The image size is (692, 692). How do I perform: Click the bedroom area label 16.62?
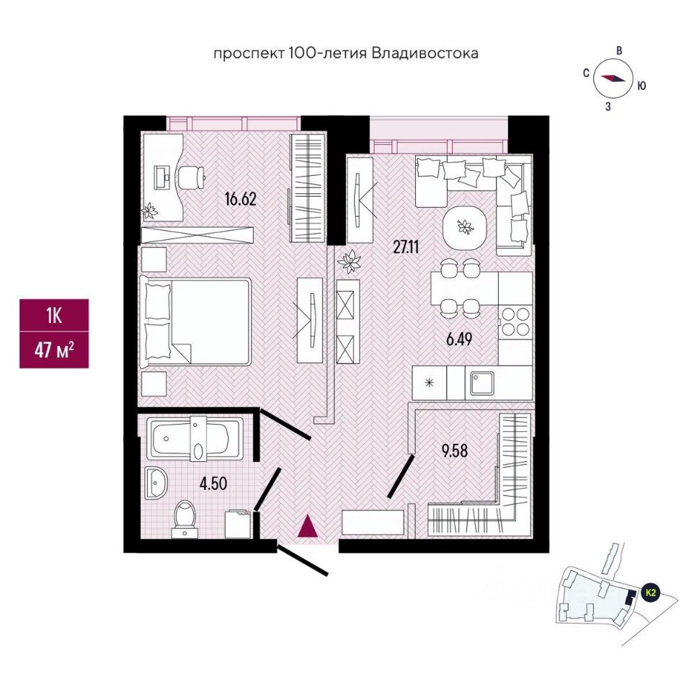pos(241,200)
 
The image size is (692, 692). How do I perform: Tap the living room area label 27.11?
pos(406,247)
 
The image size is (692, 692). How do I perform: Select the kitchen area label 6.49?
pos(459,339)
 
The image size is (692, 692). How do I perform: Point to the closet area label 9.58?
pos(455,451)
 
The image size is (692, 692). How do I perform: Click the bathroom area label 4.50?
pos(213,484)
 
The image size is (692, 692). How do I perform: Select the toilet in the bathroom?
pos(186,518)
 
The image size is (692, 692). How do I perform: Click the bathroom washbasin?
pos(156,483)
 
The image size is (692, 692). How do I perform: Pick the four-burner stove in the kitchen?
pos(515,321)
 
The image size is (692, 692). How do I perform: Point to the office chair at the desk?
pos(191,177)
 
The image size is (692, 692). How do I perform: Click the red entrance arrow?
pos(309,525)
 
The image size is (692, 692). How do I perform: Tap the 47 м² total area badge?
pos(54,350)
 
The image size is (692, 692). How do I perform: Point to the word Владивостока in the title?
pos(425,53)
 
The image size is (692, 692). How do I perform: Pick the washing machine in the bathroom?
pos(239,524)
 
